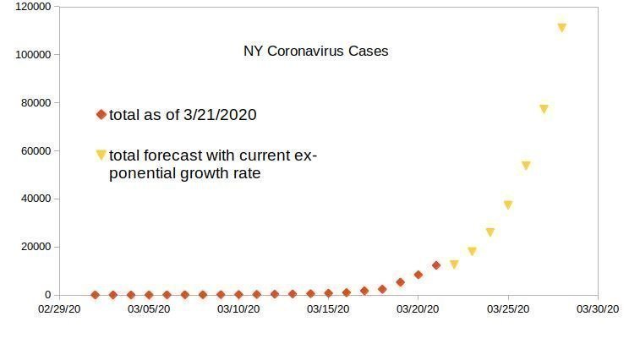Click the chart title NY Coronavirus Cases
[x=315, y=52]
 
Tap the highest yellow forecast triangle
[x=561, y=28]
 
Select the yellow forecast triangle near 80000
[x=544, y=109]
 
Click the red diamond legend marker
[x=101, y=114]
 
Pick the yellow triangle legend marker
[x=101, y=155]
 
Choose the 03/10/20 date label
[x=238, y=309]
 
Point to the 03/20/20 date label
[x=418, y=309]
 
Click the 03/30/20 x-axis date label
[x=598, y=309]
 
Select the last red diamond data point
[x=436, y=265]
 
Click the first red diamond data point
[x=95, y=295]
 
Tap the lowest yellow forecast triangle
[x=454, y=265]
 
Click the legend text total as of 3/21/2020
[x=183, y=115]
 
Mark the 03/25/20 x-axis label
[x=507, y=309]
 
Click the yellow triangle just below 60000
[x=526, y=166]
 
